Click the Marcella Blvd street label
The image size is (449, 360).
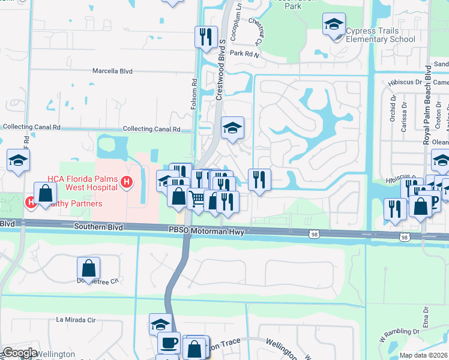(112, 71)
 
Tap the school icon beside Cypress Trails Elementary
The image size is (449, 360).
(334, 25)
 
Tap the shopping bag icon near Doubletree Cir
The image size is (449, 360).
(88, 268)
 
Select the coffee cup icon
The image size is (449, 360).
(168, 343)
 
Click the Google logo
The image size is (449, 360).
(19, 353)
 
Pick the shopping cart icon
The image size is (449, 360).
(197, 199)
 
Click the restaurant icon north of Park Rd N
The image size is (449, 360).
(206, 37)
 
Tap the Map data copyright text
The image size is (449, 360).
(423, 355)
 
